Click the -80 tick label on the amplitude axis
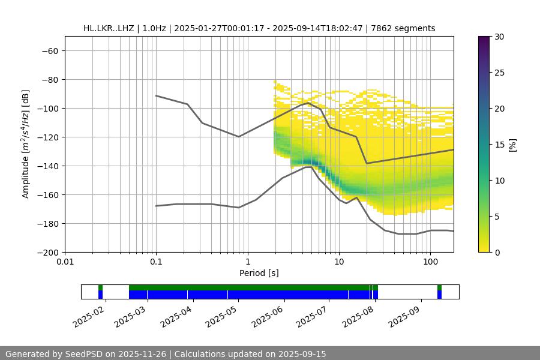click(x=48, y=80)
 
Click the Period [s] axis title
click(x=259, y=273)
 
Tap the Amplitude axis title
click(x=26, y=144)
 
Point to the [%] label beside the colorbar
click(x=512, y=145)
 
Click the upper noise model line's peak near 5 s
click(x=308, y=103)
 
